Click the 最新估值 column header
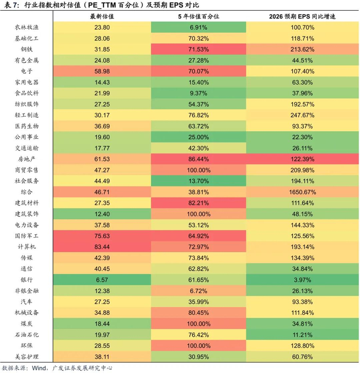(102, 16)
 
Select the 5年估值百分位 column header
(199, 16)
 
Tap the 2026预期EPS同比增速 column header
(302, 16)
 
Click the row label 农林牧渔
(26, 27)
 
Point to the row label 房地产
(26, 159)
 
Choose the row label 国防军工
(26, 236)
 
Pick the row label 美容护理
(26, 357)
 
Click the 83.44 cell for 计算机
(102, 247)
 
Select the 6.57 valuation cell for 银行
(102, 280)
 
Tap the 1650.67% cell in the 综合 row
(302, 192)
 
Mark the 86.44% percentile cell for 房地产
(199, 159)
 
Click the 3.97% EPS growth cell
(302, 280)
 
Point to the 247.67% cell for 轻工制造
(302, 115)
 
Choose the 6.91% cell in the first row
(199, 27)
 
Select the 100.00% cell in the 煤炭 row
(199, 324)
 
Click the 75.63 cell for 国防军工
(102, 236)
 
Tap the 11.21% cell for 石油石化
(302, 334)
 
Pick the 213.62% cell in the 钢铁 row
(302, 49)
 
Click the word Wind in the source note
(40, 368)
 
